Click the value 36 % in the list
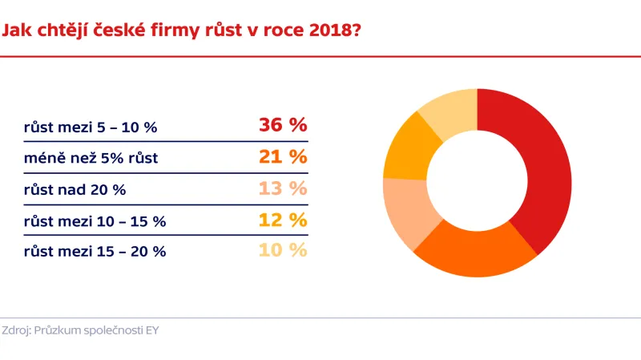tap(283, 125)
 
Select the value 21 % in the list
tap(283, 157)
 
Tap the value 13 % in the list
tap(283, 188)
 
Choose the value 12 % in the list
tap(283, 220)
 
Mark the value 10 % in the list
tap(283, 250)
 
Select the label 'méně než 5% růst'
tap(91, 158)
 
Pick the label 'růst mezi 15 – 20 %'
tap(95, 252)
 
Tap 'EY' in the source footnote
tap(151, 330)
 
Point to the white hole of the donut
tap(478, 183)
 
